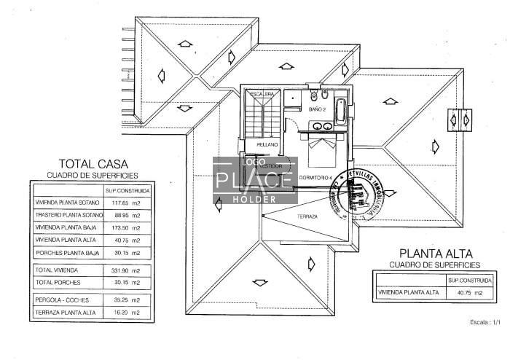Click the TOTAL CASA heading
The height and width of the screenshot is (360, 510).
coord(90,164)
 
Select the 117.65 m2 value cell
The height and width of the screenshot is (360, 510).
coord(127,203)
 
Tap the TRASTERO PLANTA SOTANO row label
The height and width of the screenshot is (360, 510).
coord(69,216)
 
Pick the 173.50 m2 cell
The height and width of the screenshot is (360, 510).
coord(127,228)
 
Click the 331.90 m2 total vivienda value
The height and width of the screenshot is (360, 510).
coord(127,270)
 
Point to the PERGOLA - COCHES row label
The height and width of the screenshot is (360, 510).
coord(61,300)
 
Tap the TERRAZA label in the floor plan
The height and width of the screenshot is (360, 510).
coord(307,216)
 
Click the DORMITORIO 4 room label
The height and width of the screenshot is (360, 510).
coord(317,178)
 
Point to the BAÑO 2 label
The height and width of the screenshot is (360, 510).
coord(317,109)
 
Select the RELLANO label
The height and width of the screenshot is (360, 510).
coord(267,144)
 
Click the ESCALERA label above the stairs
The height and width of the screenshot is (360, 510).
coord(262,94)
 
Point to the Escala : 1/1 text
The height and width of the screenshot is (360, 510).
coord(480,322)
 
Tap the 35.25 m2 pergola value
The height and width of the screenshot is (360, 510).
coord(127,300)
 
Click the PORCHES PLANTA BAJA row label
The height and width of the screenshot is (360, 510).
coord(66,253)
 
